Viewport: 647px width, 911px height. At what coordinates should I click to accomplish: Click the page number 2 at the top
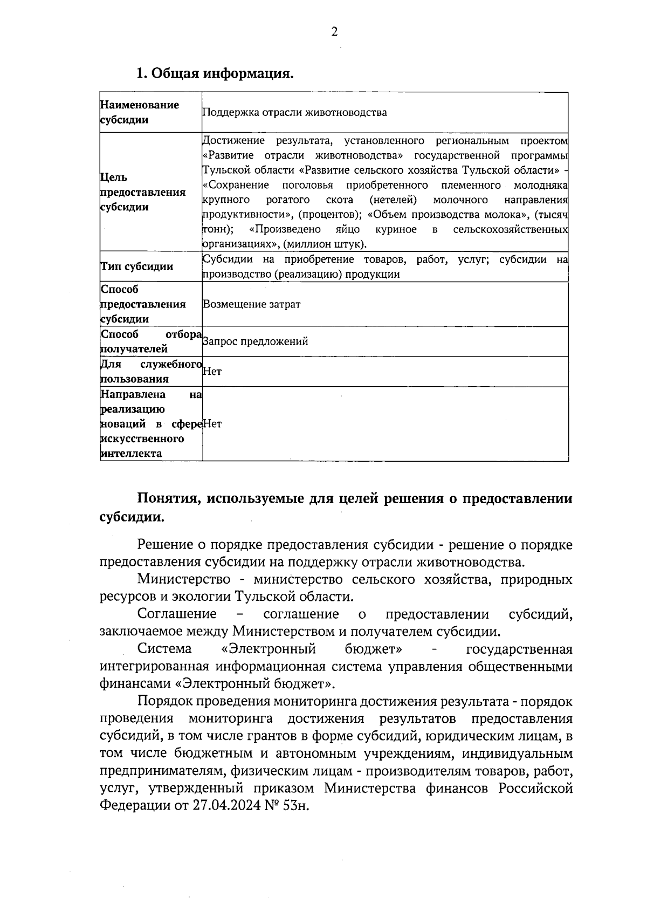(334, 32)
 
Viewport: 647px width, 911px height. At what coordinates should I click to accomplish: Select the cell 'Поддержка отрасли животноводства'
(294, 113)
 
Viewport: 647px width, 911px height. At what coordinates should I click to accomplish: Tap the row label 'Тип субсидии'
(137, 267)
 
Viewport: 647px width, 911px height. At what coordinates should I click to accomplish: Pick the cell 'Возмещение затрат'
(251, 304)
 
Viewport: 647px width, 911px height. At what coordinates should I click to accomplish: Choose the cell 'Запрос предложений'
(255, 341)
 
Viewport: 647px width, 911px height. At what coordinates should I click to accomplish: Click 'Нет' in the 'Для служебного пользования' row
(212, 372)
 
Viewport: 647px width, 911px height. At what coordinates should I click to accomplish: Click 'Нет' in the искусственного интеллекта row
(212, 424)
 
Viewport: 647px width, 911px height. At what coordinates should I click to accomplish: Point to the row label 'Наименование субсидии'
(140, 112)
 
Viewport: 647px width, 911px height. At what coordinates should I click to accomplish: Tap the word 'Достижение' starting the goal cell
(233, 141)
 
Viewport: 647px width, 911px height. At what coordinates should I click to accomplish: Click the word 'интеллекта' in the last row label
(131, 454)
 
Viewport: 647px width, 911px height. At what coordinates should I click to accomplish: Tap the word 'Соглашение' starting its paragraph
(177, 614)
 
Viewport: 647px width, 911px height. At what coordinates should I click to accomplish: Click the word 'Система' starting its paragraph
(164, 649)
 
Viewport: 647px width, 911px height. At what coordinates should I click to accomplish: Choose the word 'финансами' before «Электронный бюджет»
(135, 684)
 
